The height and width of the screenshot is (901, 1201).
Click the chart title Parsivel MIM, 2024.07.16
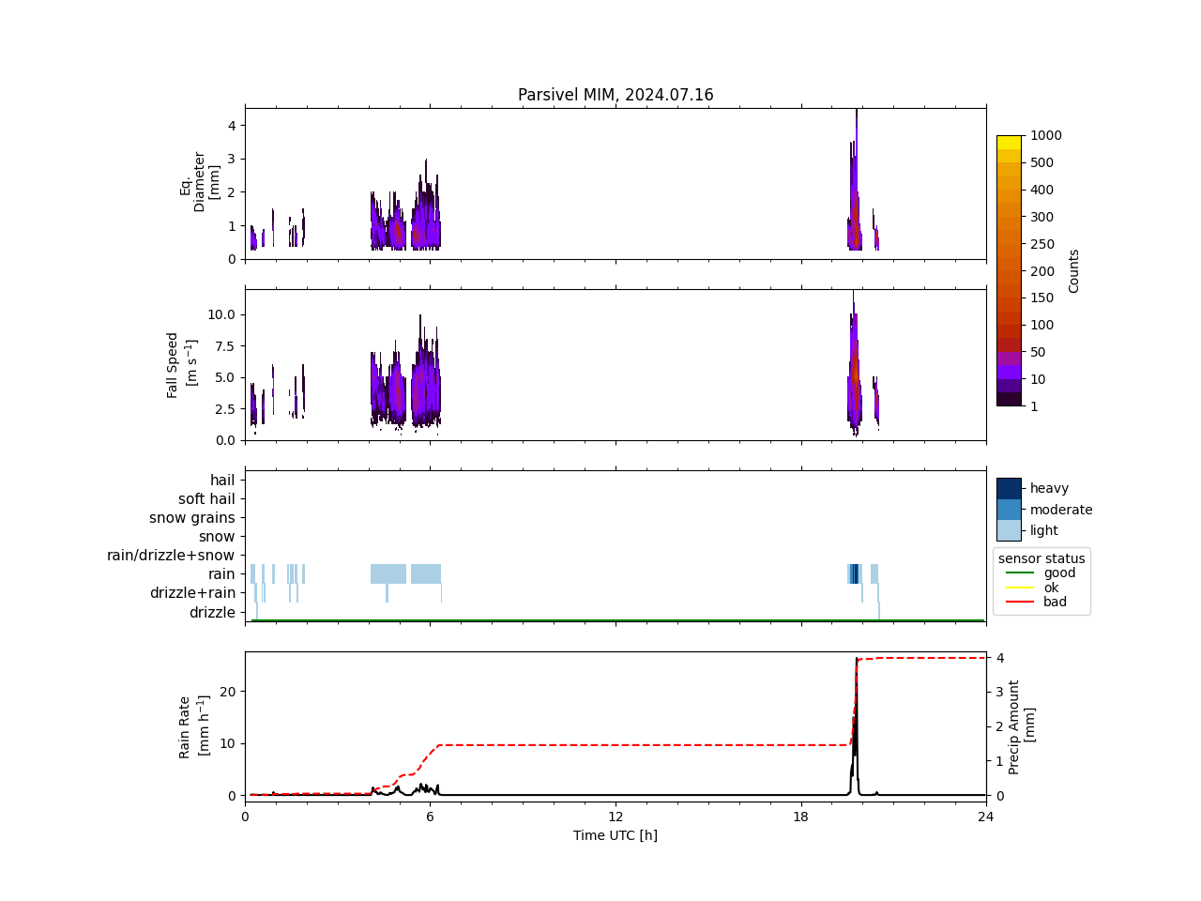pos(616,95)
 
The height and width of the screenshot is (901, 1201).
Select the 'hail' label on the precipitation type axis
pos(222,481)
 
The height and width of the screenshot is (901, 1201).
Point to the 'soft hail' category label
pos(206,499)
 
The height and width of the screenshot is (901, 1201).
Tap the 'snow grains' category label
pos(192,518)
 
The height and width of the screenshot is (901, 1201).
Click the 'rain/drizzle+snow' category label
pos(171,556)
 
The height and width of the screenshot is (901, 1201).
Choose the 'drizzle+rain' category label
pos(192,593)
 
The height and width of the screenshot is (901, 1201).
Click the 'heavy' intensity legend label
pos(1049,488)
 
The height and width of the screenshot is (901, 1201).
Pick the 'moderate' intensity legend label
pos(1061,510)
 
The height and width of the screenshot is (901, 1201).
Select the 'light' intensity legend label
pos(1044,530)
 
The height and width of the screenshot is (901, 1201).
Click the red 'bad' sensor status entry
pos(1055,603)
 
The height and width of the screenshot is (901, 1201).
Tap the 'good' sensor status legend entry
pos(1059,573)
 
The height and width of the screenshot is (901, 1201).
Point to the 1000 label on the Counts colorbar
pos(1046,136)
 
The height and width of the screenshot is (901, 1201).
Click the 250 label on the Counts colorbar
pos(1041,244)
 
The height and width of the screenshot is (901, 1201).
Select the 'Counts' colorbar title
pos(1074,271)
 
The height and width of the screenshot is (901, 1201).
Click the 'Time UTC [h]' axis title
pos(616,835)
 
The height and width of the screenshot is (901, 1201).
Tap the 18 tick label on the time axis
pos(800,817)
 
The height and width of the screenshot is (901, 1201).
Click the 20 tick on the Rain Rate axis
pos(229,692)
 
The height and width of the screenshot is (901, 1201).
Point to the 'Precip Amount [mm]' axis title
pos(1022,727)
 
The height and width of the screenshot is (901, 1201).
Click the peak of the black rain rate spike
pos(857,659)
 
